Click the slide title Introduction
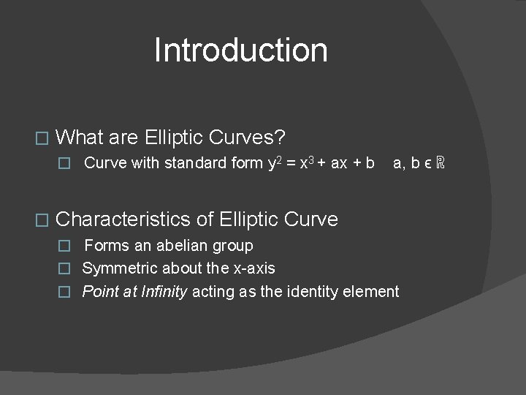click(x=240, y=50)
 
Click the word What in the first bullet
click(x=79, y=137)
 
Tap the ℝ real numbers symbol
click(x=439, y=163)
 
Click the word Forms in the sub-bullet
click(x=105, y=246)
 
